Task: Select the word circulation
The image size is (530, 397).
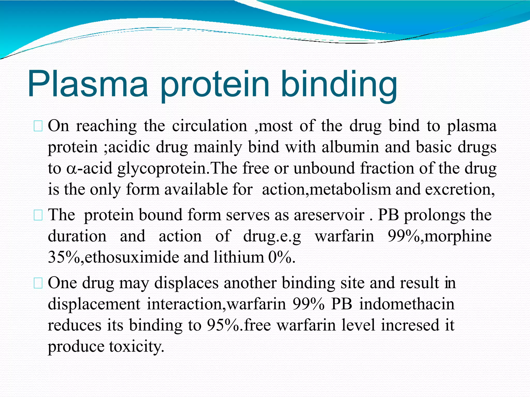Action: (x=210, y=126)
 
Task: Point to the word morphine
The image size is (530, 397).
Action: (x=458, y=236)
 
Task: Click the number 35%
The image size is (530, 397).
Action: (x=64, y=257)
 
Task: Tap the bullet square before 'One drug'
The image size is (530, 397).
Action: (x=38, y=284)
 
